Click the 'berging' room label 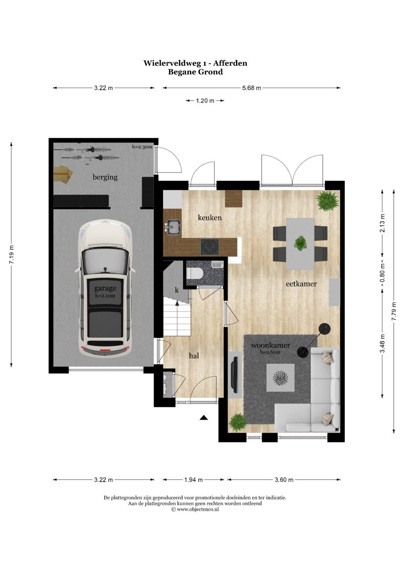coord(105,177)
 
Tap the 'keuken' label coord(210,218)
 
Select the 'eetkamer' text coord(301,284)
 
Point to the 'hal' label coord(194,355)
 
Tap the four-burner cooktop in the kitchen coord(210,247)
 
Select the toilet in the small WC coord(194,273)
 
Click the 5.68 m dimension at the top coord(252,88)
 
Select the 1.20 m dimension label coord(205,101)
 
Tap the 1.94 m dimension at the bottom coord(193,479)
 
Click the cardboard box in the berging coord(63,174)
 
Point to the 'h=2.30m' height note coord(142,146)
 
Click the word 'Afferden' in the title coord(230,63)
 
